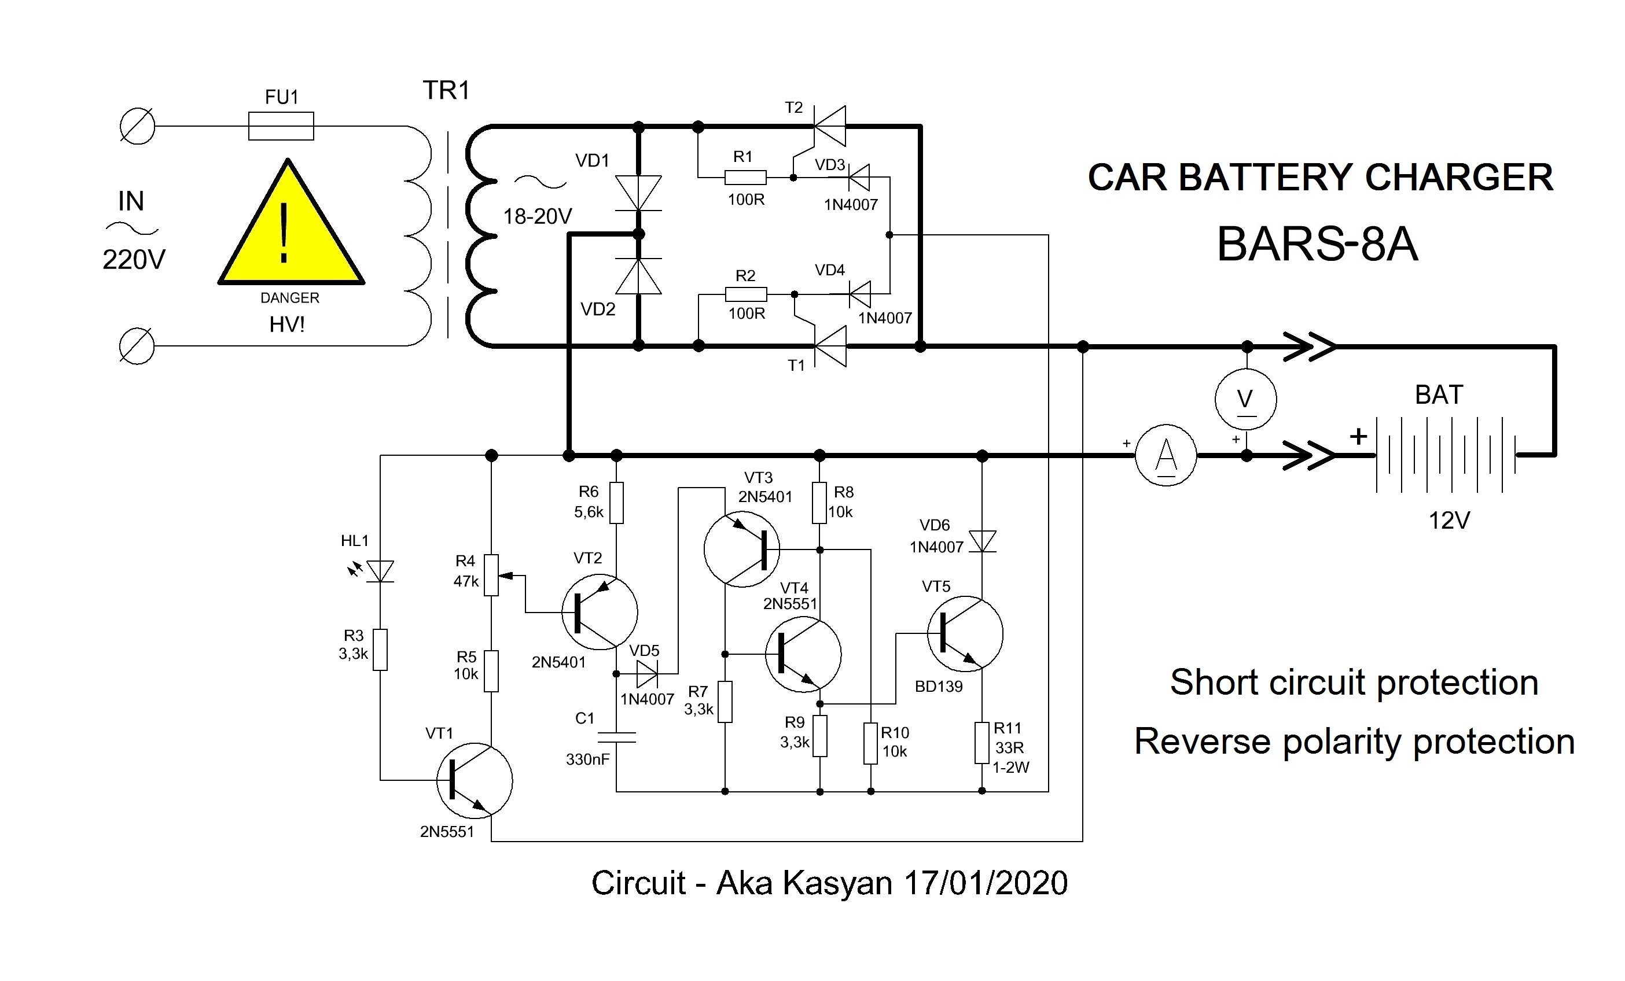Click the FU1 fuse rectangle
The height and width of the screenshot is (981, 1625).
click(x=281, y=126)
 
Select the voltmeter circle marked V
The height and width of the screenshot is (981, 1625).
click(x=1245, y=400)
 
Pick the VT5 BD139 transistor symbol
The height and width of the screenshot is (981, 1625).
click(x=965, y=633)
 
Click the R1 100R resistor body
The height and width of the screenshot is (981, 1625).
click(x=745, y=178)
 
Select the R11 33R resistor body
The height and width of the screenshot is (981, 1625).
click(x=982, y=743)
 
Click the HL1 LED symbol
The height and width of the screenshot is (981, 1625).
click(x=380, y=571)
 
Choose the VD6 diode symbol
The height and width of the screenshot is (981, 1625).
click(x=983, y=541)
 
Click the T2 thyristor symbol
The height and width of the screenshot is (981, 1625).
click(x=830, y=126)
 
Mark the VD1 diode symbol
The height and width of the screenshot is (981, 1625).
click(x=638, y=193)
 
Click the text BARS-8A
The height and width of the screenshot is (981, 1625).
click(x=1317, y=245)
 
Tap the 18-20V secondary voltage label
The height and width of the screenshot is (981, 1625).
click(x=538, y=216)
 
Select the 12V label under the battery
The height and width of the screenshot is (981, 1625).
click(x=1449, y=521)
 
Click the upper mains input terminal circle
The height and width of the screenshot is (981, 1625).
click(x=137, y=126)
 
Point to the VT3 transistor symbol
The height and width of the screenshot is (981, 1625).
click(x=741, y=549)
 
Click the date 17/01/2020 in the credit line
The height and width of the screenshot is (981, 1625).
click(x=986, y=883)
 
